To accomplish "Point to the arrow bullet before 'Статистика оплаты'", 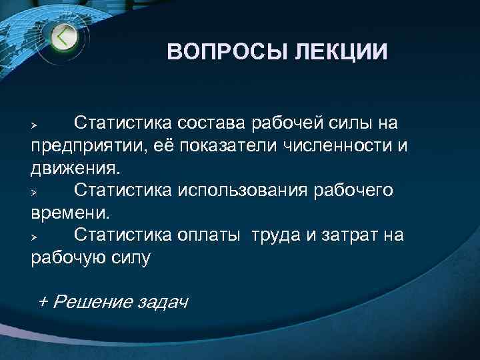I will tap(37, 237).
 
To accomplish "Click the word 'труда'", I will tap(274, 235).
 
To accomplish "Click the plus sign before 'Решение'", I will tap(44, 301).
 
